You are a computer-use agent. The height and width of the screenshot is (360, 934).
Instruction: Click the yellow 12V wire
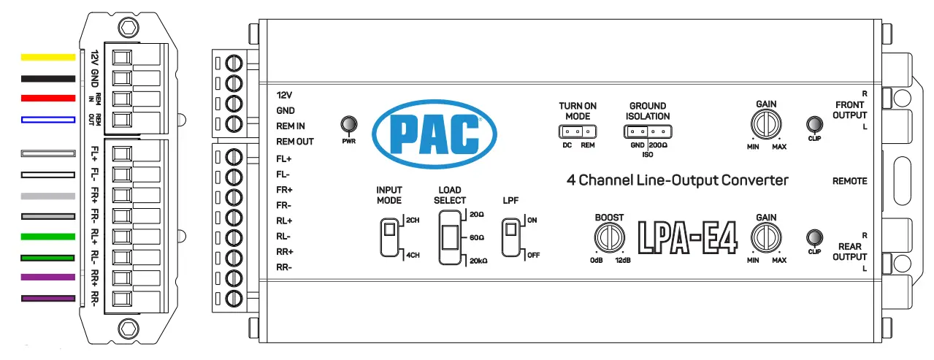pyautogui.click(x=48, y=57)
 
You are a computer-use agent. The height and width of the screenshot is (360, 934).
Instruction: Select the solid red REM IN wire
pyautogui.click(x=48, y=98)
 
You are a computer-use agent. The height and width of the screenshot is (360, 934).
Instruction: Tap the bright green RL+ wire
pyautogui.click(x=48, y=237)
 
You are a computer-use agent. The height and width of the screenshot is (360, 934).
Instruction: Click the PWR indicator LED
pyautogui.click(x=348, y=125)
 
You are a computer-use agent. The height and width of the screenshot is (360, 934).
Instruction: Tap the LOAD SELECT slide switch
pyautogui.click(x=450, y=237)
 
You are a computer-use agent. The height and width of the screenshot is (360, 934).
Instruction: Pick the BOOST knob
pyautogui.click(x=608, y=237)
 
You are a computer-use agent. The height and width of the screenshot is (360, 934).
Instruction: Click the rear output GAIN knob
pyautogui.click(x=766, y=237)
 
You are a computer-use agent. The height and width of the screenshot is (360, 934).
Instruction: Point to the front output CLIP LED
pyautogui.click(x=814, y=124)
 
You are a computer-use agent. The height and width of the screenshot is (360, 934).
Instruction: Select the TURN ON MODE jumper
pyautogui.click(x=576, y=132)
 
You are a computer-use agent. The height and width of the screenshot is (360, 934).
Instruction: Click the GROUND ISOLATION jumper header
pyautogui.click(x=647, y=132)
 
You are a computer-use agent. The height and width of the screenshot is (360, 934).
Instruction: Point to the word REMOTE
pyautogui.click(x=849, y=181)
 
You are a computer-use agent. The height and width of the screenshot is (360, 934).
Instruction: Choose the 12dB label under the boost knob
pyautogui.click(x=623, y=261)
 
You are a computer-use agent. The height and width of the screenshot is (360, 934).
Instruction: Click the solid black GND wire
pyautogui.click(x=48, y=77)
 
